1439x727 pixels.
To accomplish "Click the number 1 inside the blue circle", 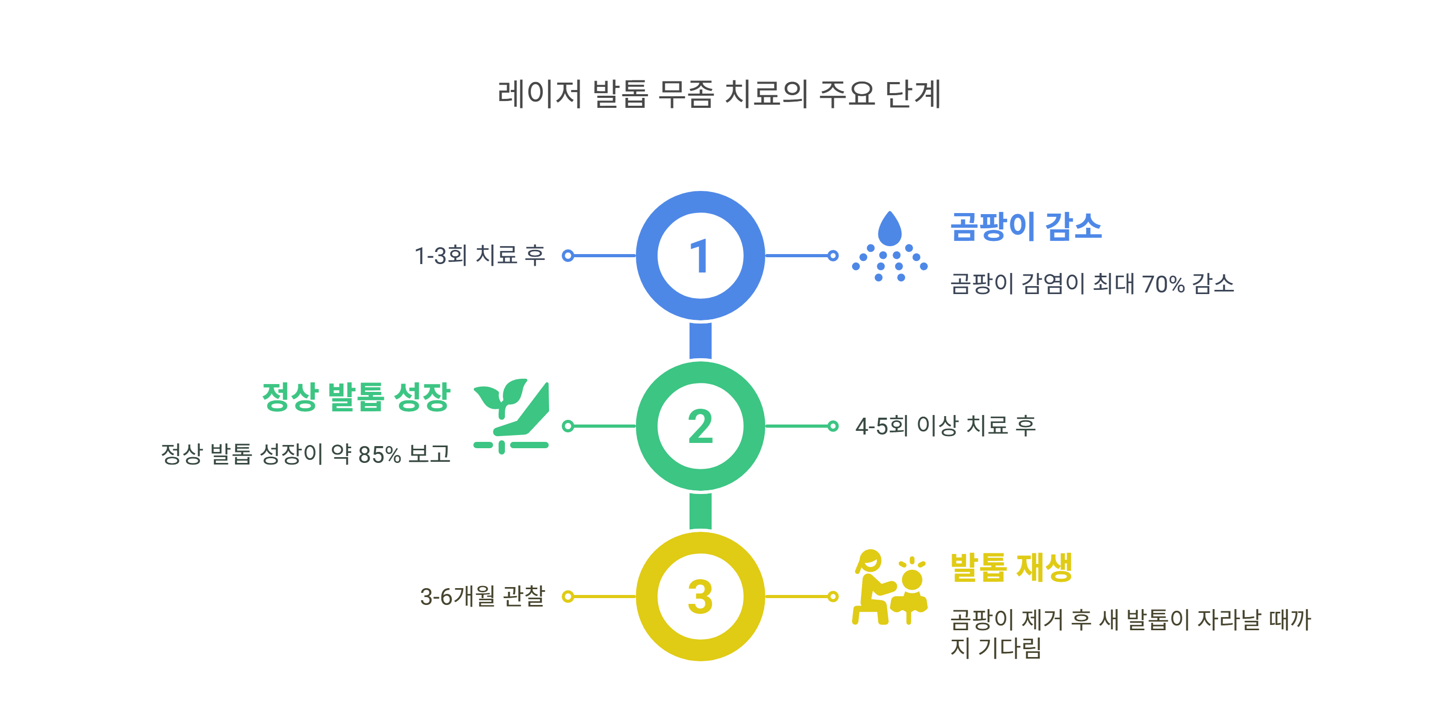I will click(x=700, y=256).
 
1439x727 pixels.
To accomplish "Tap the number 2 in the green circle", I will click(x=700, y=427).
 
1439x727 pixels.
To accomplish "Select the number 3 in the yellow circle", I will click(x=700, y=597).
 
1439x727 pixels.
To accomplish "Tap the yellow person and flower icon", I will click(x=889, y=587).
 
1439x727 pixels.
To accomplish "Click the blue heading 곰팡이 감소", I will click(x=1026, y=226).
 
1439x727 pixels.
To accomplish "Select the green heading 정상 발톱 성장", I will click(x=356, y=397).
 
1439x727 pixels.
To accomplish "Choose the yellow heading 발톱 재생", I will click(x=1011, y=567).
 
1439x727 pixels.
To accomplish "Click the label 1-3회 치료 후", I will click(x=480, y=256).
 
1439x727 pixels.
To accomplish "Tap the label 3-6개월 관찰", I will click(x=482, y=596).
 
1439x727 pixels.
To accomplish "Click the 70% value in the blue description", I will click(x=1163, y=284).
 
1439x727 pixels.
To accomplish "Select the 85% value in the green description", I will click(x=379, y=455).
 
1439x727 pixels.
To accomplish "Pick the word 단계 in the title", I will click(x=914, y=94).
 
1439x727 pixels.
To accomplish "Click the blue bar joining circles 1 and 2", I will click(x=700, y=340).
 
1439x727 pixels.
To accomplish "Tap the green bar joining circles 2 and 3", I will click(x=700, y=511).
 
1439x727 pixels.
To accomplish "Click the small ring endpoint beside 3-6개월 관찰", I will click(x=568, y=596).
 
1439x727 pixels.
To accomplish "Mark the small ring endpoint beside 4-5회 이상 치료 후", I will click(x=833, y=427).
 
